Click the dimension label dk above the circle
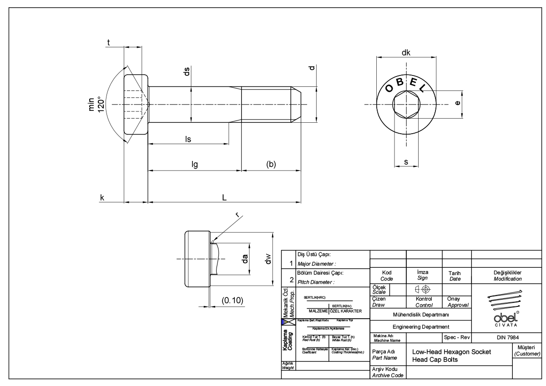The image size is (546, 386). tap(406, 53)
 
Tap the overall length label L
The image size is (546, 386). tap(224, 197)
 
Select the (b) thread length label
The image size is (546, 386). tap(271, 165)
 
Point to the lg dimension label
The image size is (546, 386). tap(195, 165)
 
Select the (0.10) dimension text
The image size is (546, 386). tap(232, 301)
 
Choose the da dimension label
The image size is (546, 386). tap(245, 259)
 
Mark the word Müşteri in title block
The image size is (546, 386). tap(526, 347)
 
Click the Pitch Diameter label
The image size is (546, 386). tap(315, 282)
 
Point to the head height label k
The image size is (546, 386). tap(102, 197)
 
